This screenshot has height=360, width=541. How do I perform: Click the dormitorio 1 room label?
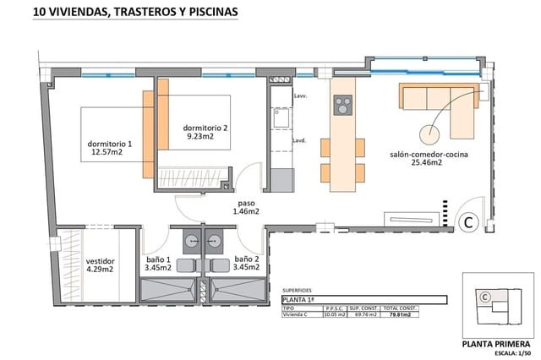pyautogui.click(x=110, y=149)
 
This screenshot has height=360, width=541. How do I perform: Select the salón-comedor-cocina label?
pyautogui.click(x=429, y=161)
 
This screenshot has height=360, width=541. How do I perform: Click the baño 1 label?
pyautogui.click(x=157, y=264)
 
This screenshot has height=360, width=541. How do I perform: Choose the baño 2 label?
pyautogui.click(x=246, y=264)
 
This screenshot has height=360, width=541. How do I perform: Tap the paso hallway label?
pyautogui.click(x=247, y=208)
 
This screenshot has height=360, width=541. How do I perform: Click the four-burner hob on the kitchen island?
pyautogui.click(x=343, y=106)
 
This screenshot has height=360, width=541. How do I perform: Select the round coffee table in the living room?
pyautogui.click(x=430, y=133)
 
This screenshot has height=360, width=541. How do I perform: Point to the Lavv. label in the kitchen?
pyautogui.click(x=299, y=96)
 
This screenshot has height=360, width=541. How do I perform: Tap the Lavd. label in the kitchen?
pyautogui.click(x=298, y=140)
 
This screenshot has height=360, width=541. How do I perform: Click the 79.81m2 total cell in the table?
pyautogui.click(x=400, y=314)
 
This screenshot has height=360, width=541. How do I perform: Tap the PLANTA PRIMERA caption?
pyautogui.click(x=497, y=344)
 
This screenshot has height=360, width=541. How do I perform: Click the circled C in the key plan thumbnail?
pyautogui.click(x=485, y=297)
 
